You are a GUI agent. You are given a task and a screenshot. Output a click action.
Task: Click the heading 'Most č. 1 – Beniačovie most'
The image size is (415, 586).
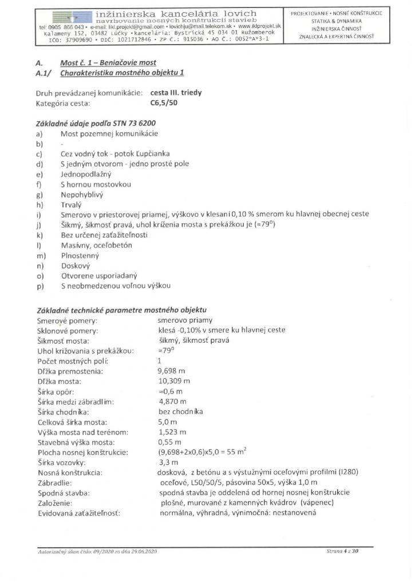108,62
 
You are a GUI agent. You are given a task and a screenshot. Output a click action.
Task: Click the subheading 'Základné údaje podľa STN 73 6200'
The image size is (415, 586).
96,123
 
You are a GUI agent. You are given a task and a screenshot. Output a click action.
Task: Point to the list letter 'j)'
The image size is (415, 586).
39,224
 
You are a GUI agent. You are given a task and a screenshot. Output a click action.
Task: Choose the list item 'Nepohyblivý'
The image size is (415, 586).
81,194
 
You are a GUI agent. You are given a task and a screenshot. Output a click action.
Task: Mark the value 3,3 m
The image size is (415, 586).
168,462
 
